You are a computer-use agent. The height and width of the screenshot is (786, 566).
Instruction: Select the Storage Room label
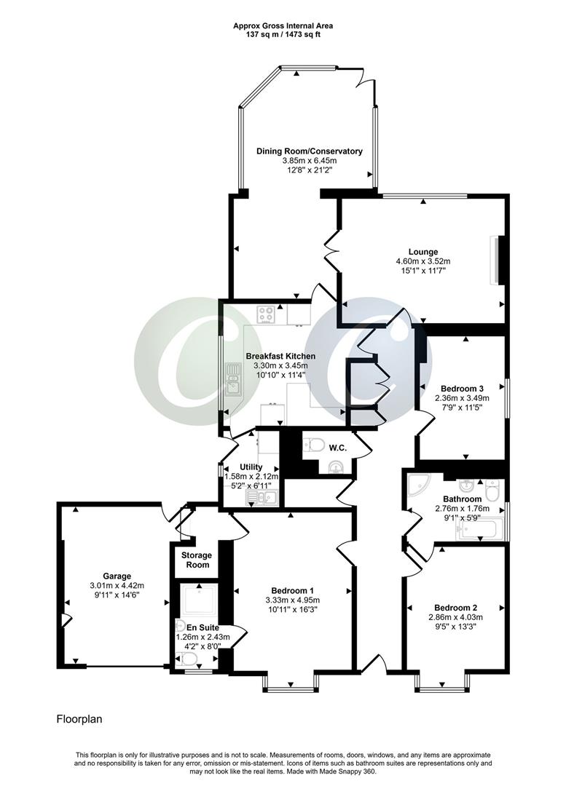tap(194, 560)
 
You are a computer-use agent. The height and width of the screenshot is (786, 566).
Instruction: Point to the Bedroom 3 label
tap(462, 388)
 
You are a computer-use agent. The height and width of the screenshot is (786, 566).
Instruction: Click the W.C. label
tap(337, 447)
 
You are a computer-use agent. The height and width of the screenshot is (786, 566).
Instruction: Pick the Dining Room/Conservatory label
tap(309, 151)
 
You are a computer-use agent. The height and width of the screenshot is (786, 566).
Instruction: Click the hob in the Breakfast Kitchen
tap(267, 315)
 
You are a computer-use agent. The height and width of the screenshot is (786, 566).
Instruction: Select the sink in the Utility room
tap(260, 497)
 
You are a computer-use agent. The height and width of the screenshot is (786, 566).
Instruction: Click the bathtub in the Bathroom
tap(480, 529)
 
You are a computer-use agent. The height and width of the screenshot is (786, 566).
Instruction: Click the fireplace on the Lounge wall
tap(497, 260)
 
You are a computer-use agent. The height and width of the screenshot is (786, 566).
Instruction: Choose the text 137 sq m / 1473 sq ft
tap(283, 34)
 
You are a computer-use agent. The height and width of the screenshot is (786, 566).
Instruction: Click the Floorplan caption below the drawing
tap(79, 720)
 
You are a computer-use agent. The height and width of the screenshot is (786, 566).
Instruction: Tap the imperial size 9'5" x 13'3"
tap(455, 627)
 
